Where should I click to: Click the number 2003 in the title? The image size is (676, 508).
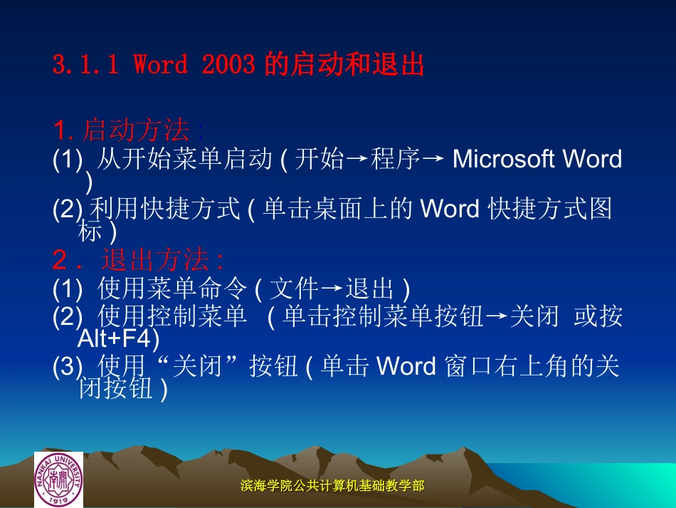tap(228, 66)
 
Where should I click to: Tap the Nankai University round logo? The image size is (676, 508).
tap(59, 480)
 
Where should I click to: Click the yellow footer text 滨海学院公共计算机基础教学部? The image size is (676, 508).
tap(332, 486)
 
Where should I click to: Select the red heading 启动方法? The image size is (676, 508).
tap(136, 130)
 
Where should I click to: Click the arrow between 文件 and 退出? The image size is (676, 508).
tap(332, 289)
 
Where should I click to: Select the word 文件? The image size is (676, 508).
tap(295, 289)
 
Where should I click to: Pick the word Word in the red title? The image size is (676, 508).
tap(161, 66)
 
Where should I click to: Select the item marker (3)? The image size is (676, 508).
tap(68, 367)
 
